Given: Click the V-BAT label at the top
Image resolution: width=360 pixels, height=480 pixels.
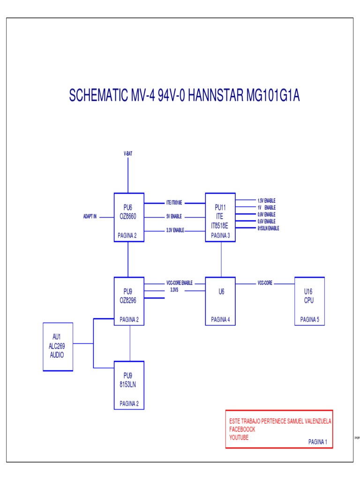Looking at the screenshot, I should click(127, 153).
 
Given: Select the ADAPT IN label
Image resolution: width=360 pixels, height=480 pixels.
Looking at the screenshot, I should click(90, 217).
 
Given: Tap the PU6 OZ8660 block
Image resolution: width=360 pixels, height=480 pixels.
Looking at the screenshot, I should click(128, 217).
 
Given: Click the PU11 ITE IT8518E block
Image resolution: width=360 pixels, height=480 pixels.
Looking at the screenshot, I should click(220, 217).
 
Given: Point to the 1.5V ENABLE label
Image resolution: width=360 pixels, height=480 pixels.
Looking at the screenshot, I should click(266, 201).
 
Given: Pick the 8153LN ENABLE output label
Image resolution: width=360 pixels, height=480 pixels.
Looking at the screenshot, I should click(268, 228).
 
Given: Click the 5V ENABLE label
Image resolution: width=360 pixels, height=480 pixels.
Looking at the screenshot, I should click(174, 217).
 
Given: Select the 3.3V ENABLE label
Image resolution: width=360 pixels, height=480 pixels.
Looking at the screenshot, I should click(175, 231).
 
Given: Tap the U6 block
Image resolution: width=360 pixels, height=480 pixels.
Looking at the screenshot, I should click(221, 300).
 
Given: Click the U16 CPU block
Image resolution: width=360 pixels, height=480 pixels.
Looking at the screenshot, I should click(309, 300).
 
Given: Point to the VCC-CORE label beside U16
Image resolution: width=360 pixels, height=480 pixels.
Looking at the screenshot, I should click(265, 284).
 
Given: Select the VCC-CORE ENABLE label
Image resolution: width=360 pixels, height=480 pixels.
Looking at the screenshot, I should click(180, 284).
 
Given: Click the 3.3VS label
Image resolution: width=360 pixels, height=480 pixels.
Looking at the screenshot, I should click(174, 290).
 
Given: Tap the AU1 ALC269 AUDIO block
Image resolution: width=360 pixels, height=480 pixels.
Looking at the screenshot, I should click(58, 347).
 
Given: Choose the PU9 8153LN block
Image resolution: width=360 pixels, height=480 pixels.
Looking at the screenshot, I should click(129, 385).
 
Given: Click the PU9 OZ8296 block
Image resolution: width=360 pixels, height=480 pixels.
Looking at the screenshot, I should click(129, 300).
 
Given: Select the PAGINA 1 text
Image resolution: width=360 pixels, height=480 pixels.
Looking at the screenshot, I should click(317, 442).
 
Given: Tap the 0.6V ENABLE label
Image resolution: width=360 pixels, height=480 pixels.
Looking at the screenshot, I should click(266, 221).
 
